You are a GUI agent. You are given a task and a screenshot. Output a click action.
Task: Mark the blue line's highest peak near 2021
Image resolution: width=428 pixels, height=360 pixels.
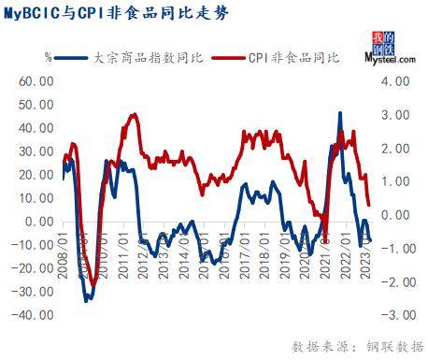click(x=339, y=113)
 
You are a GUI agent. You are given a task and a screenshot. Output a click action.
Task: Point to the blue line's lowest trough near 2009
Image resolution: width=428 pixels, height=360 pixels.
click(x=87, y=300)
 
